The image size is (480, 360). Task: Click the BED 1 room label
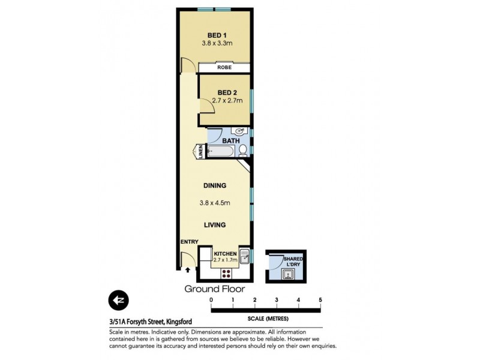(214, 35)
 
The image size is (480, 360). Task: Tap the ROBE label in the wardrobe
(224, 68)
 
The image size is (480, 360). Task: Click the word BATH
(231, 142)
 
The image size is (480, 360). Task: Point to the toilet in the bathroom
(243, 150)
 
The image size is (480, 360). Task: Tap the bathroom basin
(241, 131)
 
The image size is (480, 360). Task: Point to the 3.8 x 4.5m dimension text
(214, 203)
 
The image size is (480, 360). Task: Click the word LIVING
(214, 225)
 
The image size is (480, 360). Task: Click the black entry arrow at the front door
(187, 271)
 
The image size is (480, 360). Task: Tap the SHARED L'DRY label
(293, 262)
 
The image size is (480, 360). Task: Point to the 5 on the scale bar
(320, 299)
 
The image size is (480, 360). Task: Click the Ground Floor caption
(214, 289)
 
